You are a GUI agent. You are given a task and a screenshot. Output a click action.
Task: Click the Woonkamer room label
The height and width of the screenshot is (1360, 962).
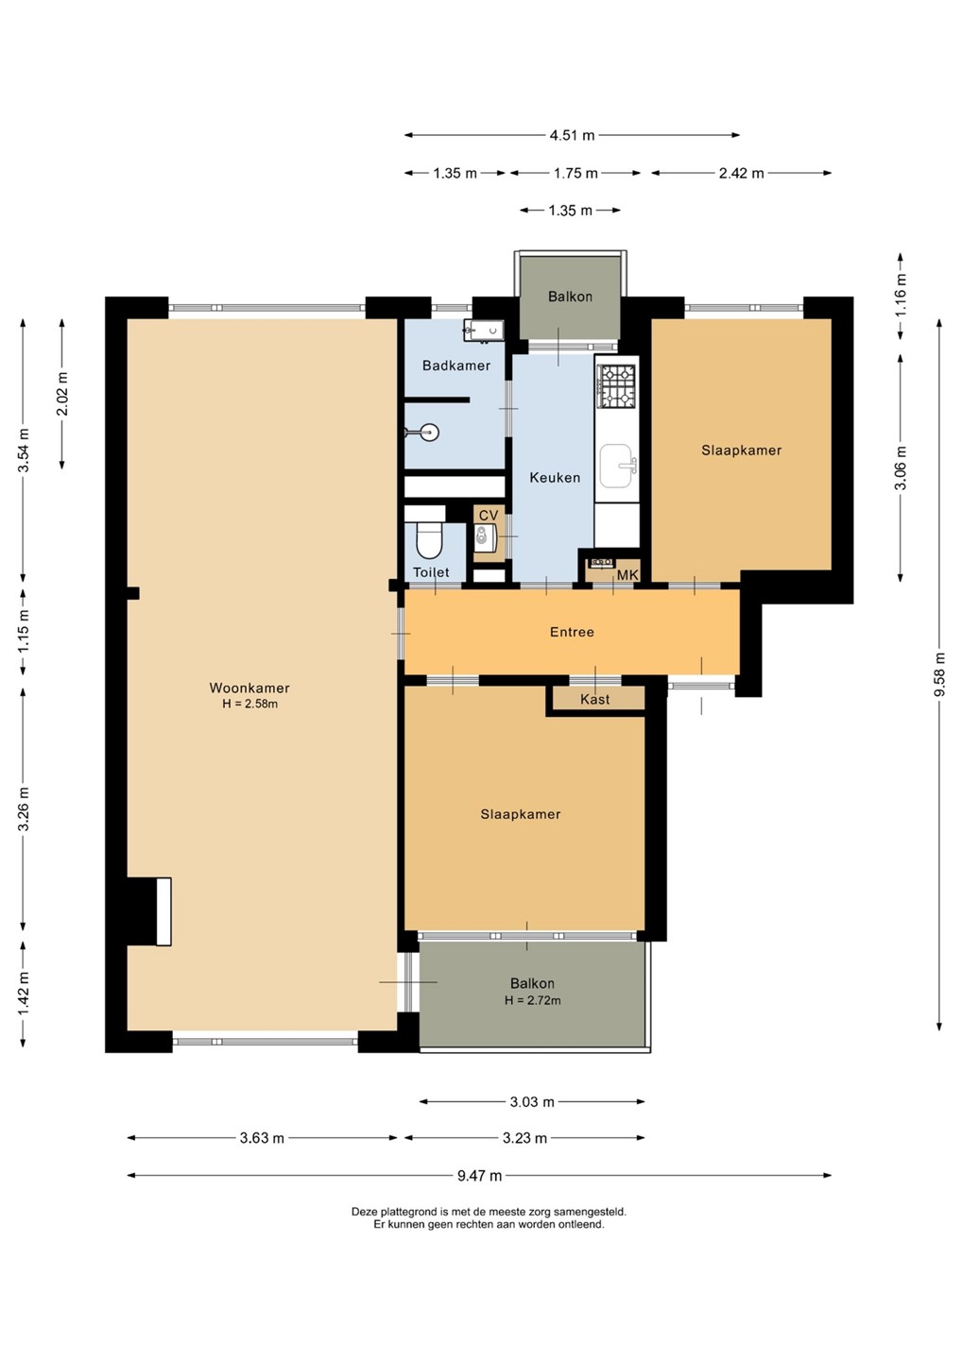[x=249, y=688]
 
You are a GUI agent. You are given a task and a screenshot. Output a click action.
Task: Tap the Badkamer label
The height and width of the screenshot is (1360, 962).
[x=456, y=365]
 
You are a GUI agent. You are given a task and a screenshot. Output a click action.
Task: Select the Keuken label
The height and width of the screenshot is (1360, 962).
[x=555, y=478]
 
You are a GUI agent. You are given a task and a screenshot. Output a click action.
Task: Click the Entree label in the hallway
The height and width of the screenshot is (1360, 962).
[x=572, y=632]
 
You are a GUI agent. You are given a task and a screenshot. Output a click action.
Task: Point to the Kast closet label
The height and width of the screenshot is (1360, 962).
[x=594, y=700]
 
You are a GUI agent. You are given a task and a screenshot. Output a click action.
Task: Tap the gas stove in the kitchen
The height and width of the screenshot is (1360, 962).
[x=616, y=385]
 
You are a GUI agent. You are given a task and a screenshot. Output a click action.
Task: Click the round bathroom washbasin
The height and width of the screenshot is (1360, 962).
[x=427, y=433]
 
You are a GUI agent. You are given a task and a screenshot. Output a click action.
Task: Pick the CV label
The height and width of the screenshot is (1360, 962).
[x=489, y=516]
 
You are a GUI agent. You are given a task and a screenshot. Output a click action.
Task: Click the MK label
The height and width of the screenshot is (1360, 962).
[x=628, y=574]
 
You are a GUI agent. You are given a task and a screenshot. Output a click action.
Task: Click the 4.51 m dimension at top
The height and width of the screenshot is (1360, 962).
[x=572, y=135]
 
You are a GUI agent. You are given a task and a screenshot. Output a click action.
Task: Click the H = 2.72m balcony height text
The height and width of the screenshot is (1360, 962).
[x=532, y=1000]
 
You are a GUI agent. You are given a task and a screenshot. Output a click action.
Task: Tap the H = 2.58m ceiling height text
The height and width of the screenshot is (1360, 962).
[x=249, y=705]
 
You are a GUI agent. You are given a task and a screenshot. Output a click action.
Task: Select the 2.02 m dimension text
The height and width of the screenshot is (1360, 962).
[x=62, y=394]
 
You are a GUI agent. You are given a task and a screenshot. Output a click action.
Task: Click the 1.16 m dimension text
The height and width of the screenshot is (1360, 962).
[x=900, y=295]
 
